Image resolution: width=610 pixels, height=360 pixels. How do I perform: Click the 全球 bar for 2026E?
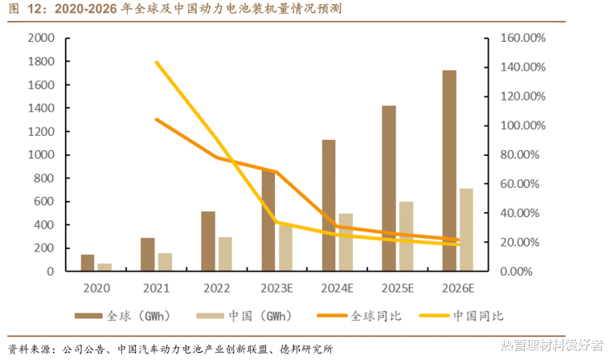[x=449, y=170]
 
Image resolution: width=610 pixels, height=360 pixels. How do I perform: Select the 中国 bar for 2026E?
[x=466, y=229]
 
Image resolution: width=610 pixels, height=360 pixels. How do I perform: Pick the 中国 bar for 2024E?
[x=346, y=241]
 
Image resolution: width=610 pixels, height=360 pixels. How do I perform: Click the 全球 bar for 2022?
[x=208, y=241]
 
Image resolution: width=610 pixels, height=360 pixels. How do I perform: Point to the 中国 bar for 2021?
[x=165, y=262]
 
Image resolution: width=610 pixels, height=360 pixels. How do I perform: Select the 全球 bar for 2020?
[x=88, y=263]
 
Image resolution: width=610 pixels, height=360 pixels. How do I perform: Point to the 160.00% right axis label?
[x=523, y=39]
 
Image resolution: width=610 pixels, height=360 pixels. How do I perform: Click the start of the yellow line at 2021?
[x=156, y=62]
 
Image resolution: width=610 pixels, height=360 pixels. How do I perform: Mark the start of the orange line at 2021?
[x=156, y=119]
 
